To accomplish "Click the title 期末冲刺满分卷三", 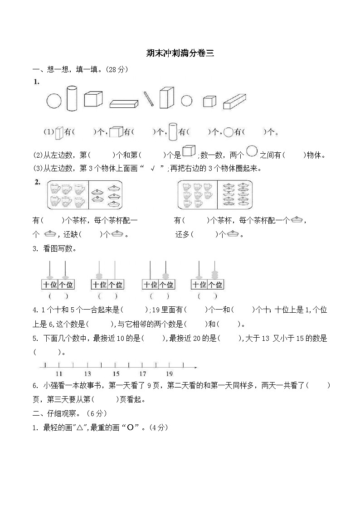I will [x=180, y=53].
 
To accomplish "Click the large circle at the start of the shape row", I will [x=54, y=101].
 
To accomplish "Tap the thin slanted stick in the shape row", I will [x=149, y=99].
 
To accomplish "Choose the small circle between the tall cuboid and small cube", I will [x=187, y=101].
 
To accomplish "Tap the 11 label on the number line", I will [x=59, y=374].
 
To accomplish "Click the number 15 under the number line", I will [x=116, y=374].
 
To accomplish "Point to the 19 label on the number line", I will [x=169, y=374].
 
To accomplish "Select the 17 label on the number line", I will [x=143, y=374].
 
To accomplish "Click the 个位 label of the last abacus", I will [x=215, y=285].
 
